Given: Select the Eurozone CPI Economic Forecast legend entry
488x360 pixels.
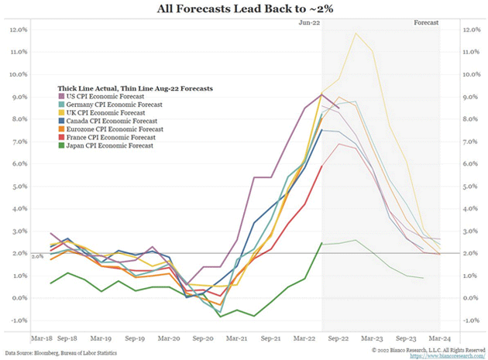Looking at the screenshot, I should (115, 129).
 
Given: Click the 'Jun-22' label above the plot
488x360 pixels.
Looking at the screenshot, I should (309, 24).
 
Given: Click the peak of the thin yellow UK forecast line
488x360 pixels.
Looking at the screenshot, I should (356, 33).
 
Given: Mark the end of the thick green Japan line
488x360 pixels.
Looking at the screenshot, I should (321, 242).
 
